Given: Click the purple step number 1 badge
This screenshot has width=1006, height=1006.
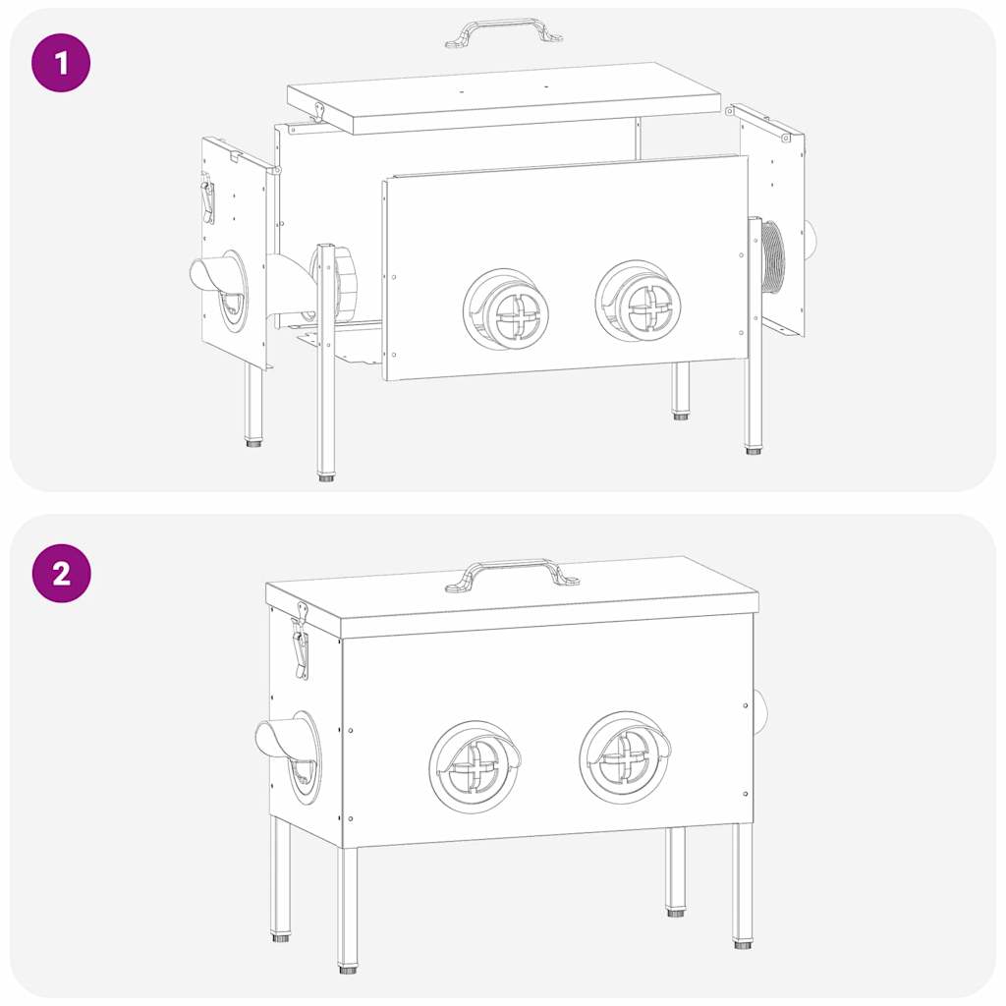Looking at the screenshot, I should coord(61,63).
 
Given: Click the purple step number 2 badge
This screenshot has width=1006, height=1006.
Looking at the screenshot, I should coord(61,573).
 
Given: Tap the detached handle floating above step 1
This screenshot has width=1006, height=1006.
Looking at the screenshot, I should coord(503,30).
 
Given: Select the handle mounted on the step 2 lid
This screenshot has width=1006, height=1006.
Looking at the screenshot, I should coord(511,574).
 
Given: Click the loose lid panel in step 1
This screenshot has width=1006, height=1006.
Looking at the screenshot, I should coord(503,98).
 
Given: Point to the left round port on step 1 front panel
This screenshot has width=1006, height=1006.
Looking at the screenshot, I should coord(507,309).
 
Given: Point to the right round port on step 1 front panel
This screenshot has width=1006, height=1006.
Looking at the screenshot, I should coord(641,302).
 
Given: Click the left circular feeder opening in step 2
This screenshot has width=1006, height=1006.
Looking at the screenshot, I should coord(475,766).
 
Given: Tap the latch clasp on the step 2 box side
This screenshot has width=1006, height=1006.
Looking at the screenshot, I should coord(300,643).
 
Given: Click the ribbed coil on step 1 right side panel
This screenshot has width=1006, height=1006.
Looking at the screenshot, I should coord(773,257).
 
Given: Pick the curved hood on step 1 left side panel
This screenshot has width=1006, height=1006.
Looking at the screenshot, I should coord(218,275).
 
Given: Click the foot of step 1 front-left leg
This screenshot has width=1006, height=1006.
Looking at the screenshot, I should coord(326,477).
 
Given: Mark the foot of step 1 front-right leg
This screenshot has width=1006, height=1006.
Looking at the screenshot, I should coord(754,450).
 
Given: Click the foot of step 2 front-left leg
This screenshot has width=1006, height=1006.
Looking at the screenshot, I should coord(348,970).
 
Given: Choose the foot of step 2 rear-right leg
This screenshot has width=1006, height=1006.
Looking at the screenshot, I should coord(676,913).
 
